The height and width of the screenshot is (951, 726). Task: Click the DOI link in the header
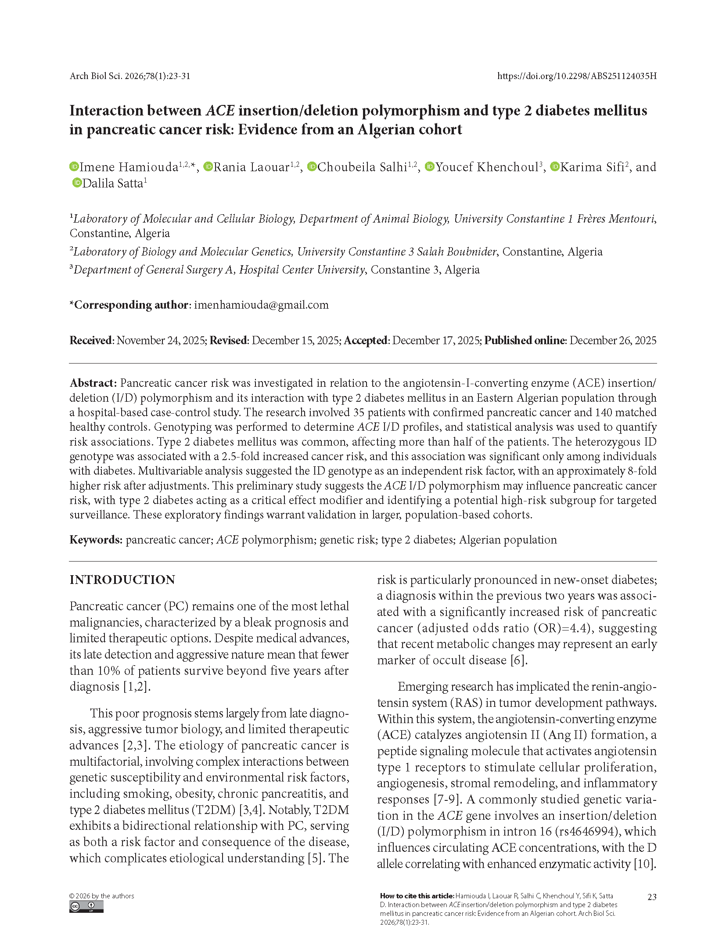[x=576, y=76]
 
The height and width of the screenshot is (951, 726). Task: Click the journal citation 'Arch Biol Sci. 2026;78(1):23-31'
[x=130, y=76]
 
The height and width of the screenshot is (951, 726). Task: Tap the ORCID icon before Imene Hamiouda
[x=74, y=166]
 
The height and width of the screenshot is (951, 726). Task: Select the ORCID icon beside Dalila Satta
[x=77, y=183]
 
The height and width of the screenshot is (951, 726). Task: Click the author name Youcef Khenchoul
[x=487, y=167]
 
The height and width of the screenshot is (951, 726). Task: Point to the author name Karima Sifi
[x=592, y=167]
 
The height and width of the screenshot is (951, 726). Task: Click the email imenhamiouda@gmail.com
[x=261, y=305]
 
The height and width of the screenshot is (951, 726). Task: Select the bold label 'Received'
[x=91, y=341]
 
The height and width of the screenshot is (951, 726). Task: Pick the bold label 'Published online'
[x=525, y=341]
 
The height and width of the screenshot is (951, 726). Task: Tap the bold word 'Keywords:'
[x=96, y=540]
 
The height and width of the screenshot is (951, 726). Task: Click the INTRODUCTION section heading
[x=122, y=580]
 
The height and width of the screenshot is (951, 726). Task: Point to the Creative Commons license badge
[x=86, y=907]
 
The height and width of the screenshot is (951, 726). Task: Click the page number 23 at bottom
[x=652, y=897]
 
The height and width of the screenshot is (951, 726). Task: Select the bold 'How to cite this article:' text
[x=417, y=896]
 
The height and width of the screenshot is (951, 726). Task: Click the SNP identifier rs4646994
[x=587, y=832]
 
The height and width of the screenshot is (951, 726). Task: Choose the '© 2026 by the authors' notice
[x=102, y=896]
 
